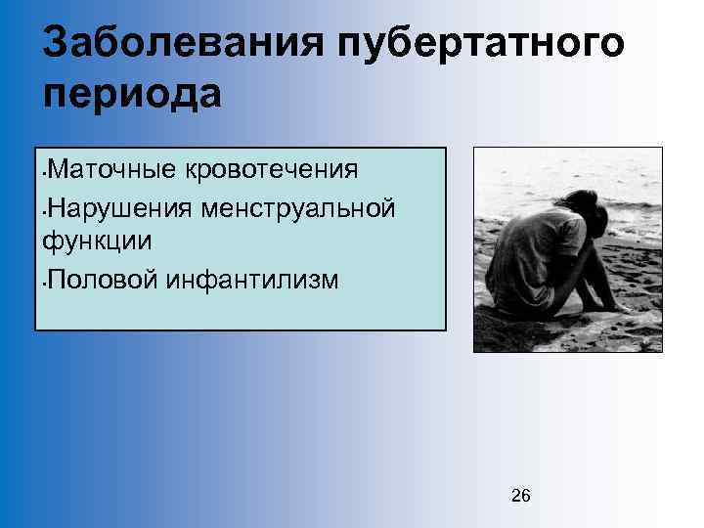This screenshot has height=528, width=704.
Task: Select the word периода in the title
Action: click(x=134, y=94)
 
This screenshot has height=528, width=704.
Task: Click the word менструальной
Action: click(x=298, y=207)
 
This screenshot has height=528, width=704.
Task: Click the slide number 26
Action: click(x=521, y=497)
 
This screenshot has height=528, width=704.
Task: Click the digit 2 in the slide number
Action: click(x=516, y=497)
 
